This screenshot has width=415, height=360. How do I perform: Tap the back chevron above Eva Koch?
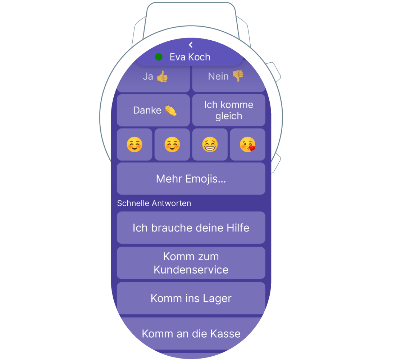[191, 45]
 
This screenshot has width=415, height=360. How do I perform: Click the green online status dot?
[159, 57]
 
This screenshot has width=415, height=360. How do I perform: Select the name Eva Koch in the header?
[190, 57]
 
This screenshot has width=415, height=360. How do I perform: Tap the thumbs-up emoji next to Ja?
[162, 76]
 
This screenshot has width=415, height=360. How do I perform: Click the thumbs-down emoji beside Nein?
[238, 76]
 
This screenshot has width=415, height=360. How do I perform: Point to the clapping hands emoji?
[170, 110]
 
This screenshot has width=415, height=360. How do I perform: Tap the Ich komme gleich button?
[229, 110]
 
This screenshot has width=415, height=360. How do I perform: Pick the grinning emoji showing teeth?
[210, 145]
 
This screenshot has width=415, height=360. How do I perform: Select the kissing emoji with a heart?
[247, 145]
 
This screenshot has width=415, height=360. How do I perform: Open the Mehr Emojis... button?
[191, 179]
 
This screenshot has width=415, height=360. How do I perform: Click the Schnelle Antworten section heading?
[154, 203]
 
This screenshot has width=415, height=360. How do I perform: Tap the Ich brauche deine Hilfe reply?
[191, 228]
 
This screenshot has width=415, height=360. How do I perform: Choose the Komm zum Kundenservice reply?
[191, 263]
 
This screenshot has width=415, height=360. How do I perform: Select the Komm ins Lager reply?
[191, 298]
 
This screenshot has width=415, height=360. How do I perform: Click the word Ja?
[148, 76]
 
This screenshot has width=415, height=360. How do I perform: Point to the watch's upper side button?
[275, 72]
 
